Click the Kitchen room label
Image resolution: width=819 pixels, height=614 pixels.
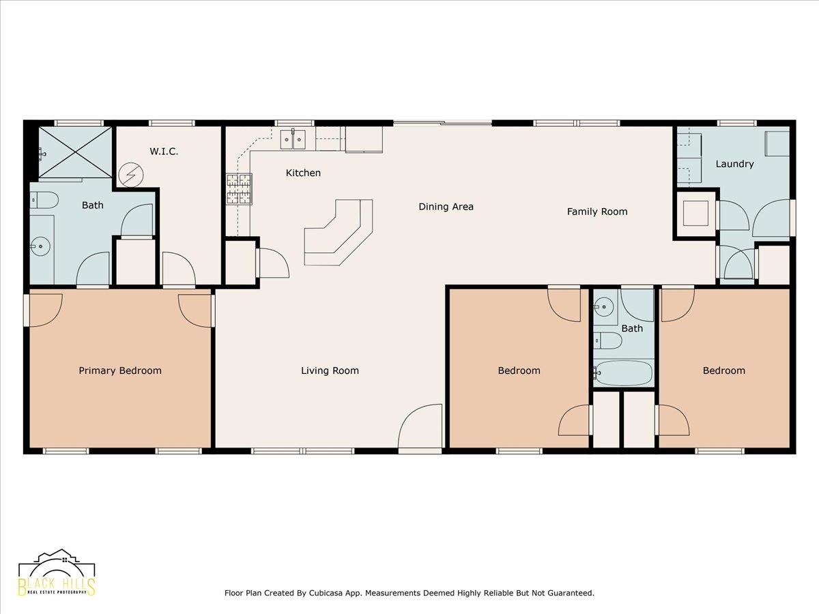(303, 173)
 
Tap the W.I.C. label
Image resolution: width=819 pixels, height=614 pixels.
(164, 151)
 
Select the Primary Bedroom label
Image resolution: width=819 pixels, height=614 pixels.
(120, 370)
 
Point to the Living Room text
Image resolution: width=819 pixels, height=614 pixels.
(330, 370)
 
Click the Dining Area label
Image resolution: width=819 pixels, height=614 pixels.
(446, 207)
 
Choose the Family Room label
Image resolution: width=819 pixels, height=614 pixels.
(597, 211)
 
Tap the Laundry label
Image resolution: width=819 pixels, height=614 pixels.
(734, 164)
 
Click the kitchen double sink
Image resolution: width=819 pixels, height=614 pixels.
(293, 139)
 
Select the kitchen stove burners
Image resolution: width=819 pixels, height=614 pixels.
(239, 189)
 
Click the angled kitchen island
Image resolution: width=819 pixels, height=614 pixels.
(339, 233)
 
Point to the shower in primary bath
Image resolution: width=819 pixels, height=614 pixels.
(75, 152)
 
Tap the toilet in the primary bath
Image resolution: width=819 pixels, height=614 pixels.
(44, 201)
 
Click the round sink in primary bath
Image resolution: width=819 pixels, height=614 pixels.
(40, 246)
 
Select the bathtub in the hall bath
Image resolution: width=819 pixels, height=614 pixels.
(623, 372)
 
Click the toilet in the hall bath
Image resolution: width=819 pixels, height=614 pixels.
(608, 340)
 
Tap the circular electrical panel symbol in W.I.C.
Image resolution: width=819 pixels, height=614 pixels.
(131, 175)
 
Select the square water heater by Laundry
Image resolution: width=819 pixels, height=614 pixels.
(695, 214)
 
